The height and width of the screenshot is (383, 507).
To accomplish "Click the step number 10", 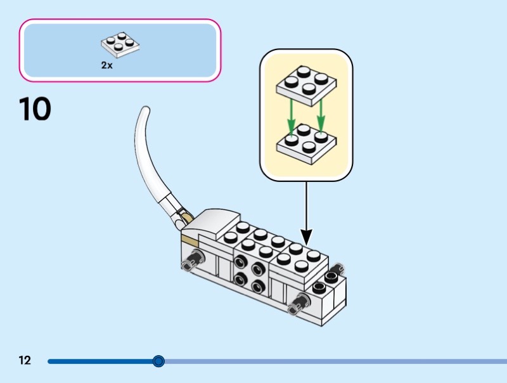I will [x=35, y=108].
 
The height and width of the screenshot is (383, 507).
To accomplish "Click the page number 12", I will [x=25, y=361].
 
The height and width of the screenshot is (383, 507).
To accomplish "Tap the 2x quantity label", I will [x=106, y=65].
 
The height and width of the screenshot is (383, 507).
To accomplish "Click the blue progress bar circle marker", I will [x=158, y=361].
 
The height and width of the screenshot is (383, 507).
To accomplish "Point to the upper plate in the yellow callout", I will [x=306, y=85].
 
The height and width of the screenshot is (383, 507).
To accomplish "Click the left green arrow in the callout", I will [x=290, y=118].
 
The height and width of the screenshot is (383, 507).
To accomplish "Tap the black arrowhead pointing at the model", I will [x=306, y=239].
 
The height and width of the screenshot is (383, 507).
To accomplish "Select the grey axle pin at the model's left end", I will [x=193, y=259].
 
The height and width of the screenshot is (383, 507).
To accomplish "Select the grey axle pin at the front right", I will [x=296, y=305].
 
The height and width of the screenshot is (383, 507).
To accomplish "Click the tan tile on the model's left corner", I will [x=189, y=239].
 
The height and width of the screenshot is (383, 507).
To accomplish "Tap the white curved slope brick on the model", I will [x=212, y=221].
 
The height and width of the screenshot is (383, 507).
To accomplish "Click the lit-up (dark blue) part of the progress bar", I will [x=101, y=361].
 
